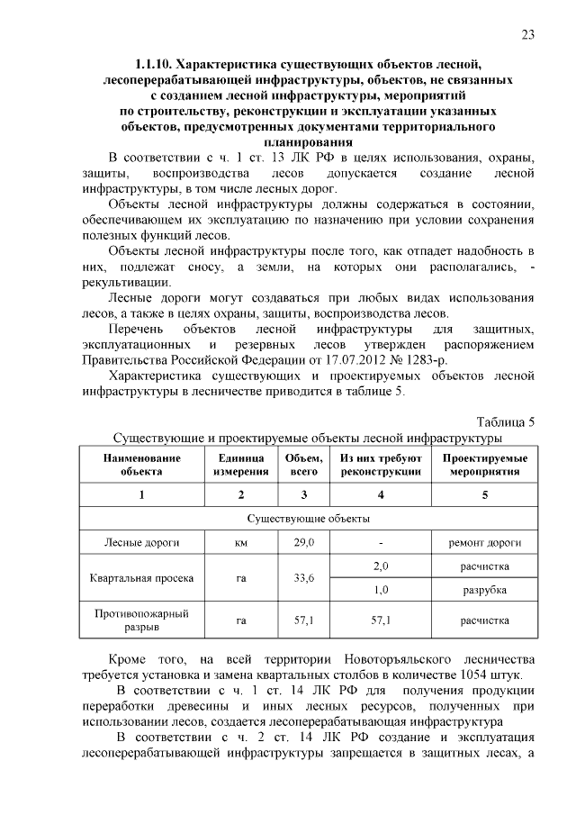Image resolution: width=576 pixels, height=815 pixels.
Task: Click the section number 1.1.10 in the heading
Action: [154, 65]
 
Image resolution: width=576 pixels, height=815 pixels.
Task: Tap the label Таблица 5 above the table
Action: [505, 421]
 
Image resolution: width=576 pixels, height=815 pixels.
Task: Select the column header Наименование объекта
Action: [141, 465]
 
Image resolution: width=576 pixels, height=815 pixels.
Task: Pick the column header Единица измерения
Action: [240, 465]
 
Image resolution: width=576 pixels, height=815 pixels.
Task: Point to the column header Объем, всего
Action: [303, 465]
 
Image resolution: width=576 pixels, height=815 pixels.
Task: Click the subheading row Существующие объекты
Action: [307, 519]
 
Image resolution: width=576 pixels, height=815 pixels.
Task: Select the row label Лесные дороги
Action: [141, 543]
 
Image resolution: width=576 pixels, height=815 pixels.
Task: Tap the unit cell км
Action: [240, 543]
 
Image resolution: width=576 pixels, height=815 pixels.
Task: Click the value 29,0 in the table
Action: [303, 543]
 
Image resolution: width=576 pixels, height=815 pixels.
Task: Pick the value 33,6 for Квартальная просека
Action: [303, 578]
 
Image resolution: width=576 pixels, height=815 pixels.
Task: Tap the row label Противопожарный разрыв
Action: [141, 620]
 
